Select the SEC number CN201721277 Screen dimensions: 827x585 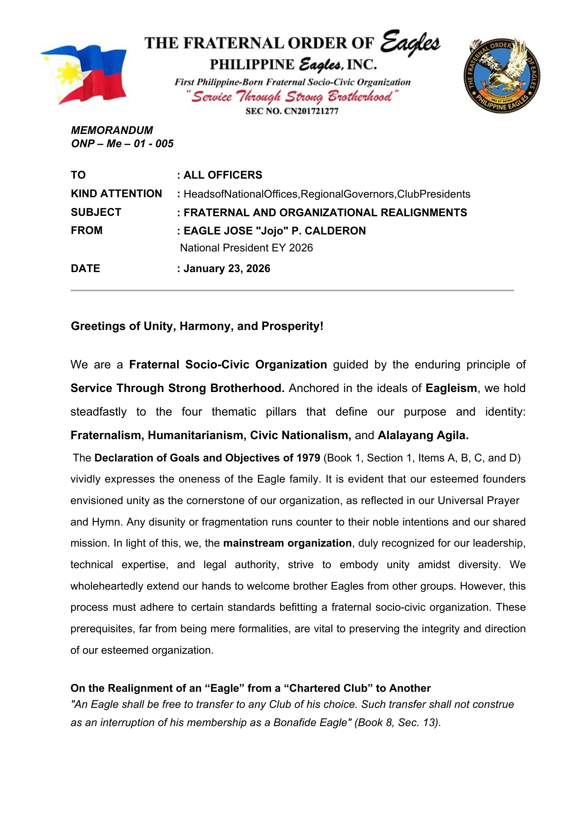click(292, 111)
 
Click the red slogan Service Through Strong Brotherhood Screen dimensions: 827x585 click(292, 97)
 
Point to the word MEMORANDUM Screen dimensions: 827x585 click(112, 130)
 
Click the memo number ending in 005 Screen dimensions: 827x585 click(122, 143)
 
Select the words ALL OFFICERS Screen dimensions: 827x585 click(223, 175)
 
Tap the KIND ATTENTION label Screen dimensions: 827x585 click(116, 194)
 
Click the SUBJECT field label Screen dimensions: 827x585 click(96, 212)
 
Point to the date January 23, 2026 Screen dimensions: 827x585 click(227, 268)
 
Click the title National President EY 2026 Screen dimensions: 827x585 click(247, 248)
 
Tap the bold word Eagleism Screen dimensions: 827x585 click(451, 388)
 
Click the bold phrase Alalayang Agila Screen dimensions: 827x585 click(423, 435)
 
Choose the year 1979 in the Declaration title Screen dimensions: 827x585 click(308, 458)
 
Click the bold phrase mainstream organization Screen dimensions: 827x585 click(287, 543)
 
